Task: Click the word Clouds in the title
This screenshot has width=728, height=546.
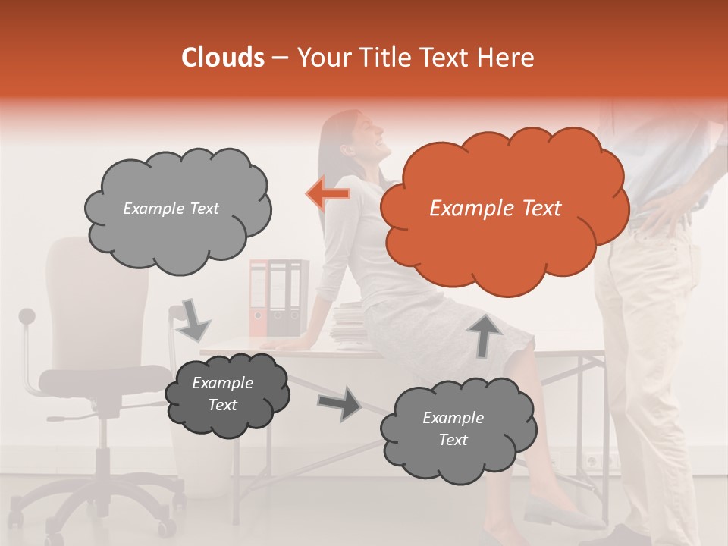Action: tap(224, 58)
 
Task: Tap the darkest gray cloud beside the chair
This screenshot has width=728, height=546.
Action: tap(226, 394)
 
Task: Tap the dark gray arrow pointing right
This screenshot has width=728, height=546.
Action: tap(340, 403)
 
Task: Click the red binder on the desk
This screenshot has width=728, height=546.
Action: tap(259, 297)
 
